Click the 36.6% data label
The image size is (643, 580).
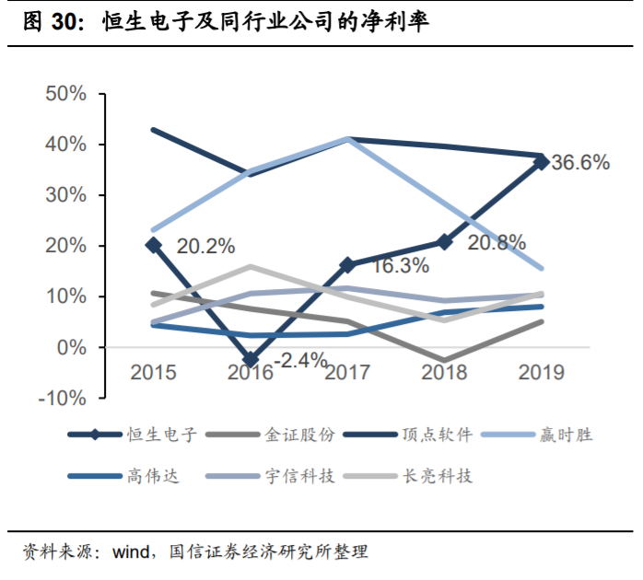580,163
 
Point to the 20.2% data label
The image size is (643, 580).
205,247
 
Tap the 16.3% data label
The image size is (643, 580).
400,266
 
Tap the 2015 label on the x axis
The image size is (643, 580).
154,372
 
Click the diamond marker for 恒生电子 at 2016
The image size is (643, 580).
251,360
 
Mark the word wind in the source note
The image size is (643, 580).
133,553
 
